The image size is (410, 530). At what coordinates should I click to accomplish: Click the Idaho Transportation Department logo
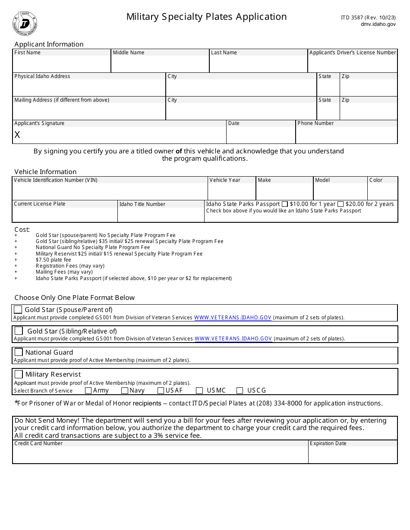pyautogui.click(x=25, y=24)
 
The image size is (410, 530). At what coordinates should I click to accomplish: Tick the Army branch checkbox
pyautogui.click(x=88, y=391)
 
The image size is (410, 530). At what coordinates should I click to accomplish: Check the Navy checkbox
pyautogui.click(x=125, y=391)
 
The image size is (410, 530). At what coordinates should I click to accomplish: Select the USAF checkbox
pyautogui.click(x=161, y=391)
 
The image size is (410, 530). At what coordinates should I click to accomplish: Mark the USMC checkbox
pyautogui.click(x=199, y=391)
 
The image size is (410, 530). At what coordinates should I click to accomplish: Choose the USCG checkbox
pyautogui.click(x=240, y=391)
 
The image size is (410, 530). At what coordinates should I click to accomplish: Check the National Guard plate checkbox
pyautogui.click(x=19, y=352)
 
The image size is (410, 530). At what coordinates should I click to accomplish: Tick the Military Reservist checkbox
pyautogui.click(x=19, y=374)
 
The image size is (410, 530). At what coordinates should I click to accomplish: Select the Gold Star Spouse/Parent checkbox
pyautogui.click(x=18, y=309)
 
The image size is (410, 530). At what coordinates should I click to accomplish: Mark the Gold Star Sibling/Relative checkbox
pyautogui.click(x=19, y=331)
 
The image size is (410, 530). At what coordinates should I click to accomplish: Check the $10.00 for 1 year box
pyautogui.click(x=285, y=204)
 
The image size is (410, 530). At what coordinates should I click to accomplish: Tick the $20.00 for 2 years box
pyautogui.click(x=341, y=204)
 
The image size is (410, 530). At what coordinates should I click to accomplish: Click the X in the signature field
pyautogui.click(x=17, y=135)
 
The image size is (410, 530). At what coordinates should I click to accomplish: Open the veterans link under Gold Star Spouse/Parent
pyautogui.click(x=233, y=318)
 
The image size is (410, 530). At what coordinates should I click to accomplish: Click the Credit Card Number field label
pyautogui.click(x=38, y=443)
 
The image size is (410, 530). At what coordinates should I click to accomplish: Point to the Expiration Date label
pyautogui.click(x=328, y=443)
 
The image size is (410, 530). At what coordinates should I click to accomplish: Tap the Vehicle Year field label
pyautogui.click(x=225, y=180)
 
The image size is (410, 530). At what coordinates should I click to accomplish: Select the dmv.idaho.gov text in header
pyautogui.click(x=378, y=25)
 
